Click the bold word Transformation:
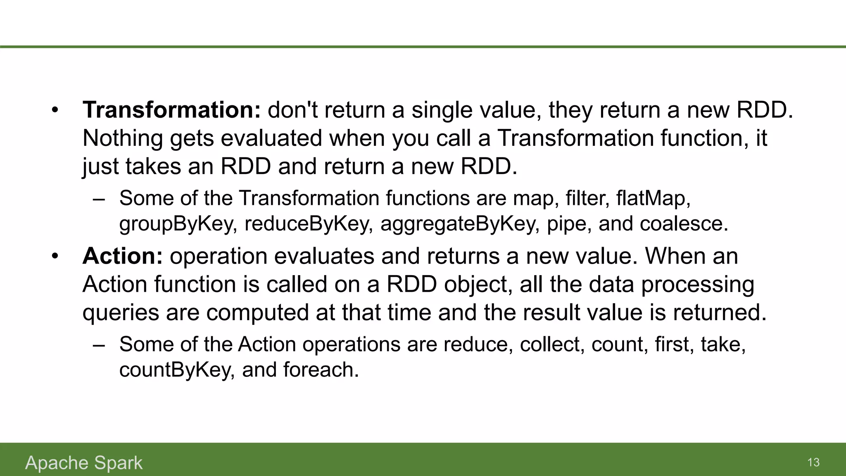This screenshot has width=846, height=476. [x=171, y=110]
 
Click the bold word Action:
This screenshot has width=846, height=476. [x=123, y=256]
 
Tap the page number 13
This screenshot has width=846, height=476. [x=813, y=462]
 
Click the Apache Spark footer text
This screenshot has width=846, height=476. [x=84, y=463]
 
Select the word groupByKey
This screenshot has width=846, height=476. [x=178, y=224]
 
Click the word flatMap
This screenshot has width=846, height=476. [x=653, y=198]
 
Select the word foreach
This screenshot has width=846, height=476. [x=321, y=370]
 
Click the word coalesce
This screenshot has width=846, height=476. [x=684, y=224]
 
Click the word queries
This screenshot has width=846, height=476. [x=121, y=313]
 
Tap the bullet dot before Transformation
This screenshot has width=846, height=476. [x=55, y=111]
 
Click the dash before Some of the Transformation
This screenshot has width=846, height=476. [x=99, y=199]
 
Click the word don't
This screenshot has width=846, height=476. [x=292, y=110]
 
